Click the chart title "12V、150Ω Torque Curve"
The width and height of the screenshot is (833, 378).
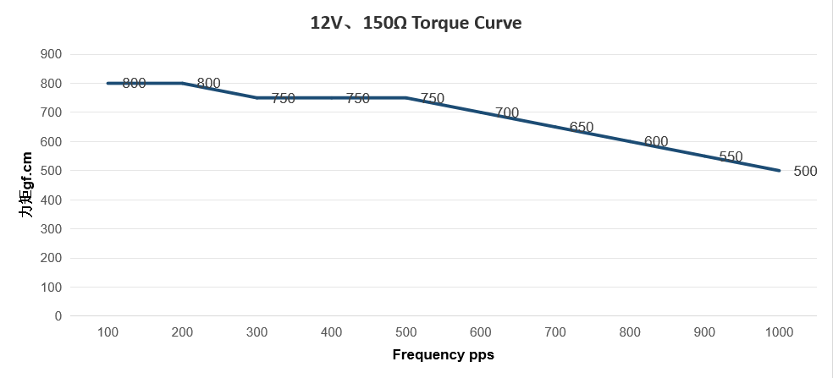(416, 23)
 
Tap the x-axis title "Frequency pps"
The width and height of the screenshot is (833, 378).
(443, 354)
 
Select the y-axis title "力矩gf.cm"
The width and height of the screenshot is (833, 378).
(27, 185)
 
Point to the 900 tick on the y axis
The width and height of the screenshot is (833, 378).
(52, 54)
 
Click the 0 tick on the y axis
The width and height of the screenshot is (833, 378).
(58, 316)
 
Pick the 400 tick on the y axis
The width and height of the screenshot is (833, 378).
(52, 200)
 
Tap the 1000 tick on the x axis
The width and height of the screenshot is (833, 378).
(779, 332)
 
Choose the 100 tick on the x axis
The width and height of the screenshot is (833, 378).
(108, 332)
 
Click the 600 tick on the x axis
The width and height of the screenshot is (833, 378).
(480, 332)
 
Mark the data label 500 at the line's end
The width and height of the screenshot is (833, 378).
(805, 171)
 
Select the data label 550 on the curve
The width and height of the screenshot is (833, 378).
(731, 156)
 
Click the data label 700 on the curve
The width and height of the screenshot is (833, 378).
(507, 112)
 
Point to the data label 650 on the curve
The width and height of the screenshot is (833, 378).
(582, 127)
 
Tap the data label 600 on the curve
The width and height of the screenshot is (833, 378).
(656, 141)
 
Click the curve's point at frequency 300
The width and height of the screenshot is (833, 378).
(257, 98)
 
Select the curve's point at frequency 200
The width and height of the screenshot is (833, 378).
(182, 83)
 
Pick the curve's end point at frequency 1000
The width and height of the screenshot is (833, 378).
(779, 171)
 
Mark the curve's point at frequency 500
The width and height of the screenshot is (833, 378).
(405, 98)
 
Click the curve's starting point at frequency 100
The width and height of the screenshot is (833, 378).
(108, 83)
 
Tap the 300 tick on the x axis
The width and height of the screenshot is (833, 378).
(257, 332)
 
